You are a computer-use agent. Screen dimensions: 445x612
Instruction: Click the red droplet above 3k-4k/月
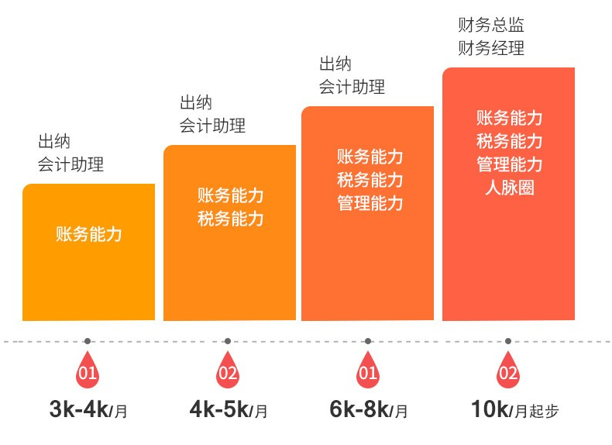point(88,373)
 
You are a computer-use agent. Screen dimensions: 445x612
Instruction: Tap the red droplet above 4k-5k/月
point(228,373)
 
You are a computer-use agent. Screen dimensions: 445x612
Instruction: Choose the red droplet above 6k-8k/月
point(368,373)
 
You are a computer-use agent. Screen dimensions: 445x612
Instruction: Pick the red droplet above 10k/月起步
point(508,373)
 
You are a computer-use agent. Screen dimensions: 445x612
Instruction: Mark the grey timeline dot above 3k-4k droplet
point(88,340)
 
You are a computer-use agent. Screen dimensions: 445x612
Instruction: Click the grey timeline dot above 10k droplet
point(508,340)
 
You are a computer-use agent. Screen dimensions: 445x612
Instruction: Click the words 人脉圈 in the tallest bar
point(509,187)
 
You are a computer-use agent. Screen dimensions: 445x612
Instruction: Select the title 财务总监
point(491,26)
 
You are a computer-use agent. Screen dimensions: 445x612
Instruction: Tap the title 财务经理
point(491,48)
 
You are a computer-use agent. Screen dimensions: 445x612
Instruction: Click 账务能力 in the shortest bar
point(89,233)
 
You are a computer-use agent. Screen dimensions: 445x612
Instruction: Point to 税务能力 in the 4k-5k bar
point(230,219)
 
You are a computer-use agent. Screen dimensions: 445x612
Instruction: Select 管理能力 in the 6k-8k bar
point(370,204)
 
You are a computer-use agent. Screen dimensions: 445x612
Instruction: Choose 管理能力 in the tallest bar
point(509,164)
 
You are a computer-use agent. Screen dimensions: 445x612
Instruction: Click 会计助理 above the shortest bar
point(70,164)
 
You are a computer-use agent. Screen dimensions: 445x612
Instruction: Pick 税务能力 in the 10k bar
point(509,141)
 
